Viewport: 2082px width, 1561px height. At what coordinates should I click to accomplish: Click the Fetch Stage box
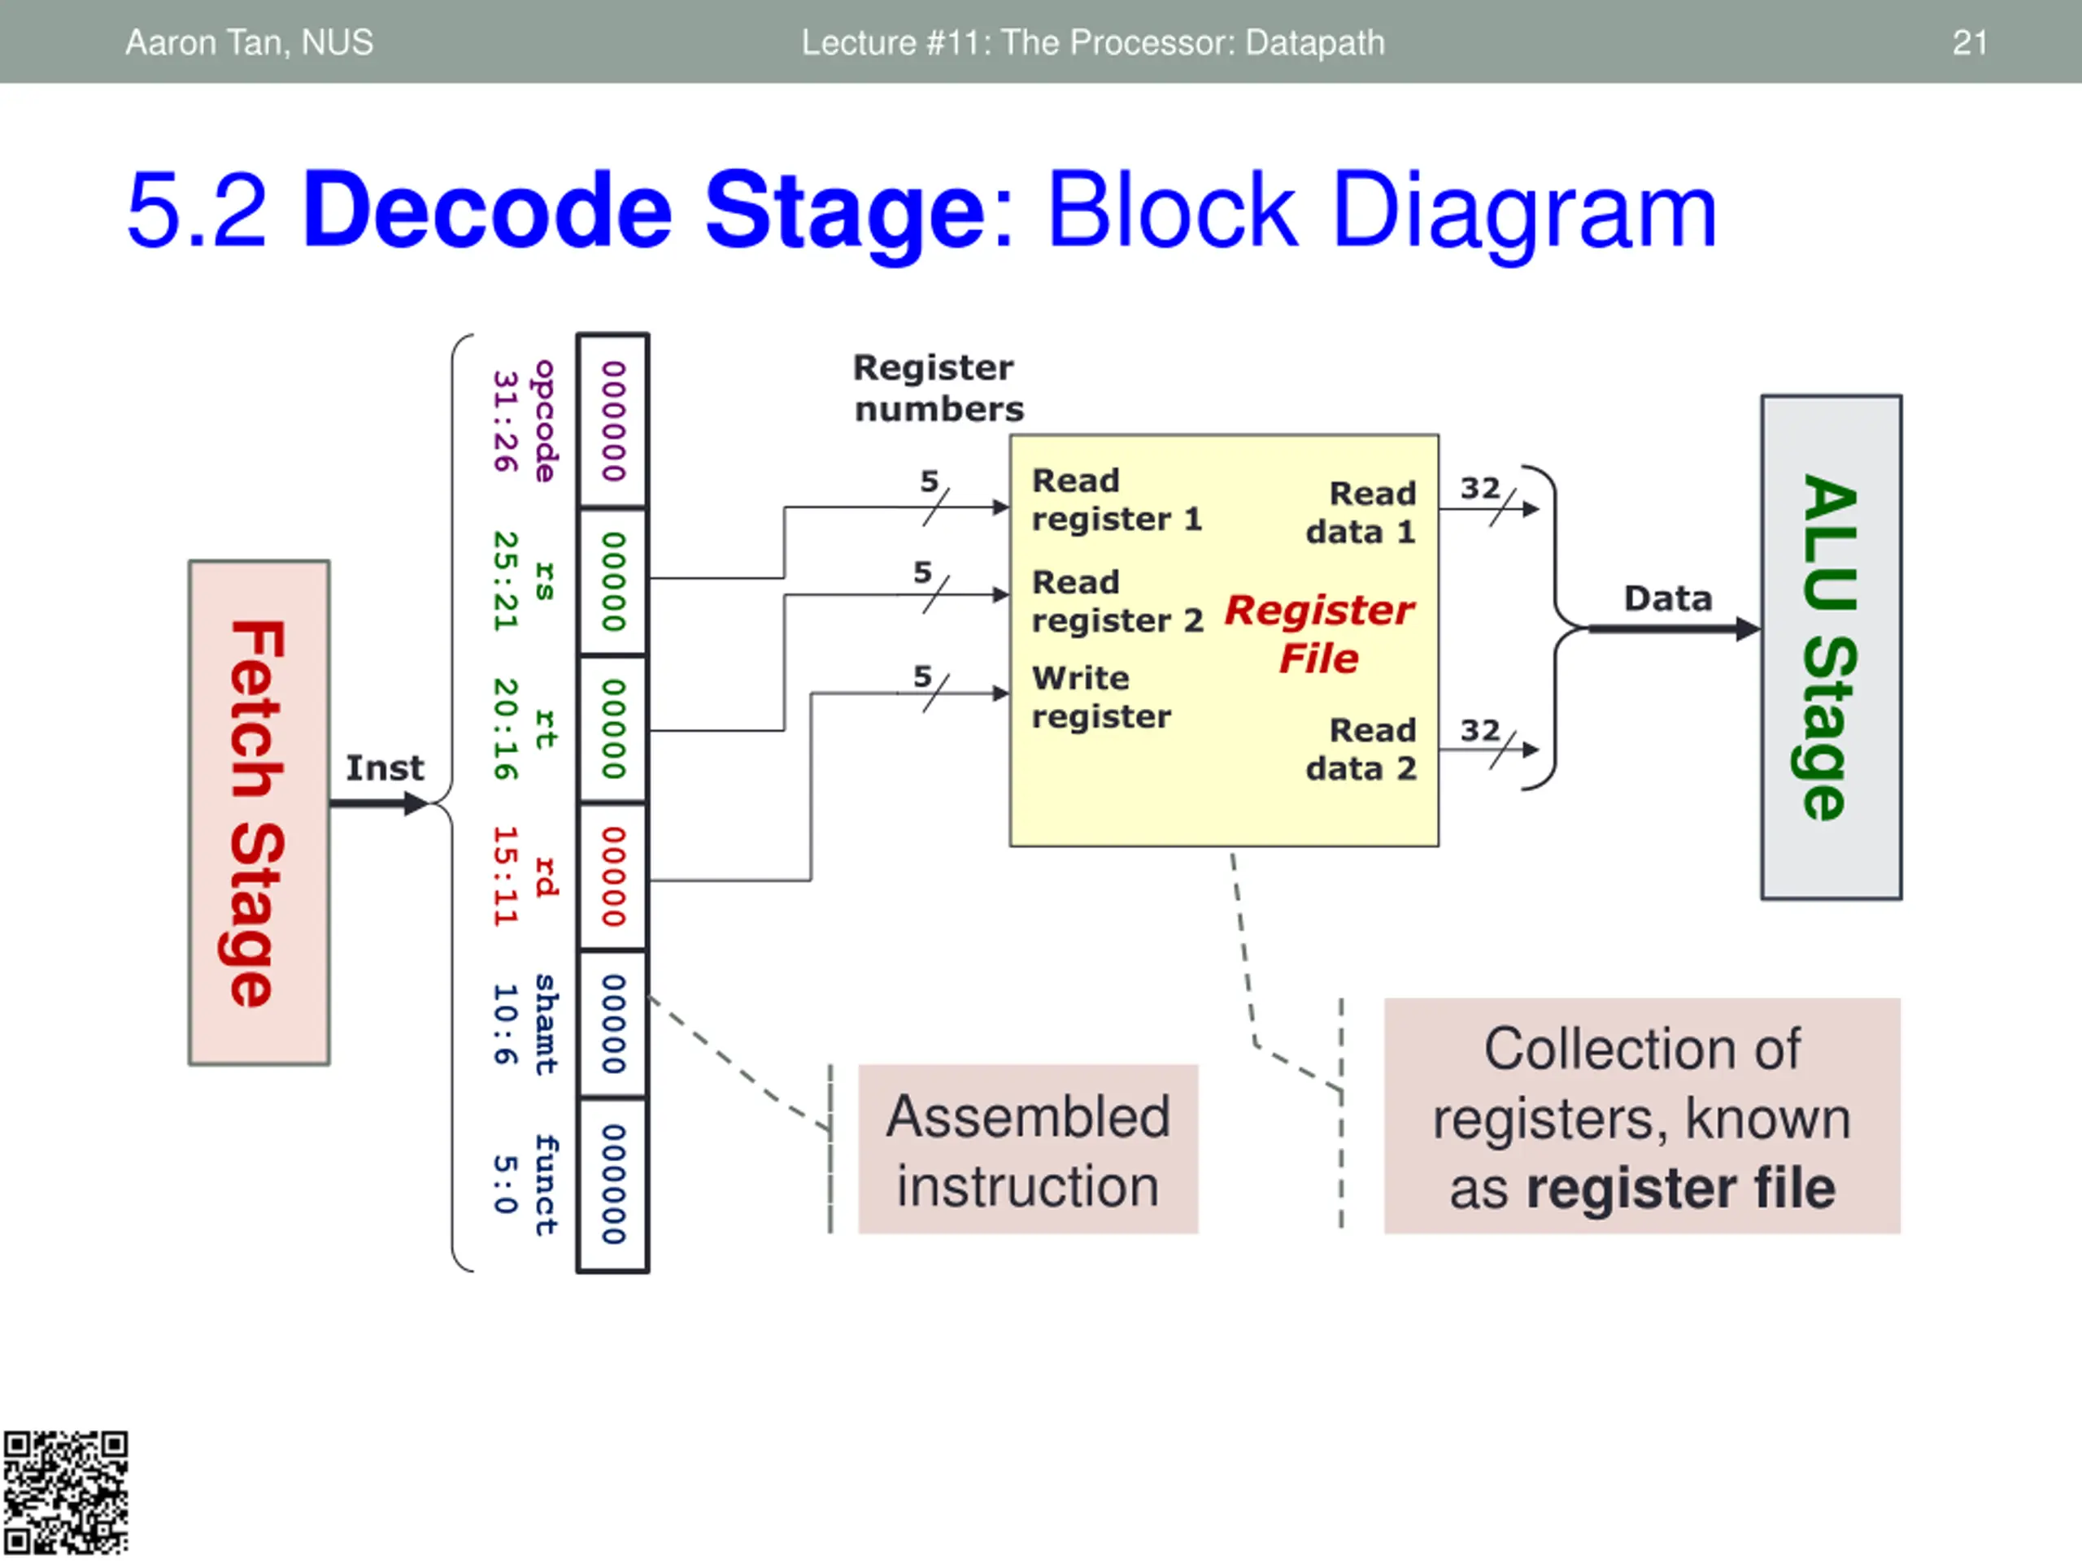(x=259, y=812)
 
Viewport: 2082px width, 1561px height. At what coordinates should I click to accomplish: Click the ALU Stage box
(x=1831, y=646)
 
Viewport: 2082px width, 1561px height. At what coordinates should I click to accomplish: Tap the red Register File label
(x=1318, y=633)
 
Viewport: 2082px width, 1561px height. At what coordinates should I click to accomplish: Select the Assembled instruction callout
(x=1028, y=1149)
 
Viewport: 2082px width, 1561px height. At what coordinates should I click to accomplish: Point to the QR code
(x=65, y=1493)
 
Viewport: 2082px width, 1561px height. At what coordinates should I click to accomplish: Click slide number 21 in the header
(x=1969, y=42)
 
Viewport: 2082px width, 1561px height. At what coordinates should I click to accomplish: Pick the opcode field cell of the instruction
(x=612, y=420)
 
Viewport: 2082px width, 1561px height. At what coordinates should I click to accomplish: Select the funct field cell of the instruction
(x=612, y=1184)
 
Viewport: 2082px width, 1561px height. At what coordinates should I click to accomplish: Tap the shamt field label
(x=546, y=1024)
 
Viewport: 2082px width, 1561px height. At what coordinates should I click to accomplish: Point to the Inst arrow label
(x=384, y=767)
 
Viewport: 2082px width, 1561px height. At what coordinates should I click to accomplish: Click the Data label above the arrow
(x=1667, y=598)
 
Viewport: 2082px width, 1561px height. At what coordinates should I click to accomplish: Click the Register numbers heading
(x=938, y=388)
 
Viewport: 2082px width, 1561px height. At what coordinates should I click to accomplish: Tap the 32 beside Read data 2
(x=1479, y=729)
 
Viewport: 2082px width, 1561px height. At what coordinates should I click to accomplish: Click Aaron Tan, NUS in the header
(x=250, y=42)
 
